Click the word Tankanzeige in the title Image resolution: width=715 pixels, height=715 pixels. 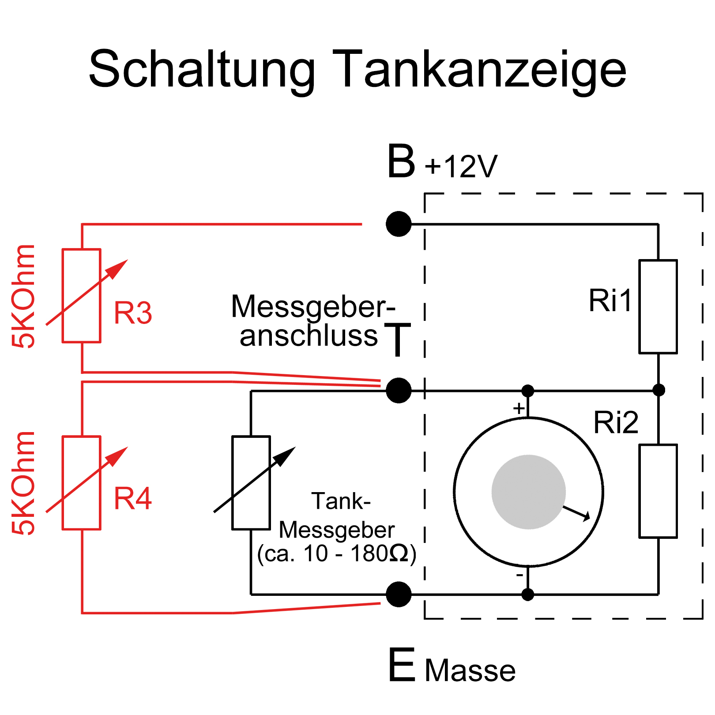click(x=479, y=71)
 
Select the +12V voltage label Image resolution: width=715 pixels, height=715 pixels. click(x=461, y=166)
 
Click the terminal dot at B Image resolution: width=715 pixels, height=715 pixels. click(x=399, y=224)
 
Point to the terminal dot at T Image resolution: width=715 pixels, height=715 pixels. click(x=399, y=390)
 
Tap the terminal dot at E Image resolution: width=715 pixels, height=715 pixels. click(x=399, y=594)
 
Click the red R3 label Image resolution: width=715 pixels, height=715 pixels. click(x=133, y=313)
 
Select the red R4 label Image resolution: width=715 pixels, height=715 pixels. click(x=133, y=499)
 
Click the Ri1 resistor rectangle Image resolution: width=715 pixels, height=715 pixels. click(x=658, y=307)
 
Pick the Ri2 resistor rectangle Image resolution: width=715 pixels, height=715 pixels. click(x=658, y=491)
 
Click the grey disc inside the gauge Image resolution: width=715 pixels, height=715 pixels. click(x=529, y=492)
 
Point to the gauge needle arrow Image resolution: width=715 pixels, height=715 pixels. click(x=576, y=513)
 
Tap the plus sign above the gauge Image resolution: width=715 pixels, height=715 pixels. click(x=519, y=408)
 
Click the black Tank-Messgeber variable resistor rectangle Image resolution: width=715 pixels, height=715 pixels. click(x=251, y=483)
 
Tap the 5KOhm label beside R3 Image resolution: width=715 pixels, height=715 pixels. click(x=23, y=296)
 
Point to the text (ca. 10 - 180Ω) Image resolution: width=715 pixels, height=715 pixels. click(x=337, y=553)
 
